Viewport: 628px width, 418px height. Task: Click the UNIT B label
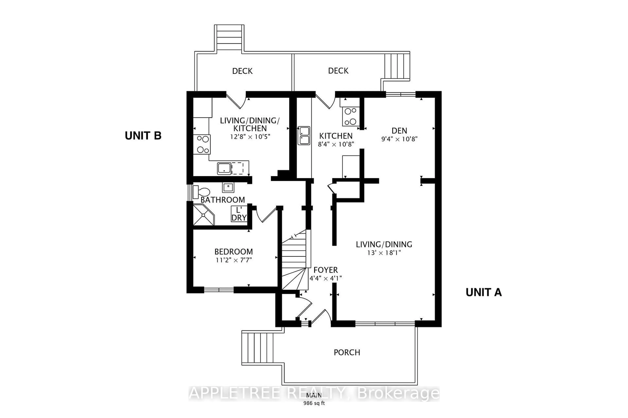[143, 136]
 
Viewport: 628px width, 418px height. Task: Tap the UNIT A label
[484, 292]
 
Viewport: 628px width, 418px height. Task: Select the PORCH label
[347, 352]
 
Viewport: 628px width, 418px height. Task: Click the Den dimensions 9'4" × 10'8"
[399, 139]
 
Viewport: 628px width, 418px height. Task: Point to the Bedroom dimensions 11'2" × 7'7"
[234, 260]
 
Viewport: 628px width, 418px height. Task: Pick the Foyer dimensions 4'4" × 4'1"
[325, 278]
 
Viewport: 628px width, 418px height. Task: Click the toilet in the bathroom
[202, 192]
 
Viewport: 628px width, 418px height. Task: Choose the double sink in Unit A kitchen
[304, 136]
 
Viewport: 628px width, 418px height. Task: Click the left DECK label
[242, 71]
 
